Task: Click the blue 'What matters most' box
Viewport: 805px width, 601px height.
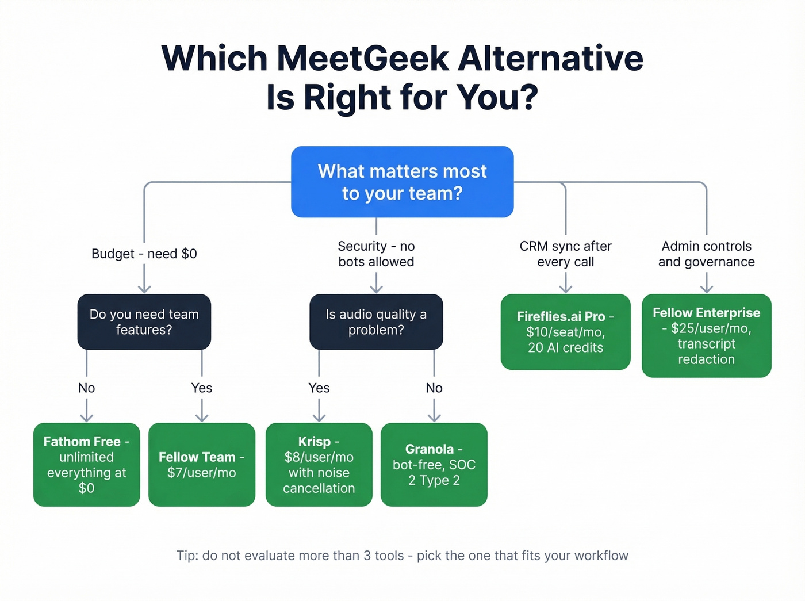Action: coord(402,182)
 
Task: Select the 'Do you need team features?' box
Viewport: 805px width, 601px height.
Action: coord(144,322)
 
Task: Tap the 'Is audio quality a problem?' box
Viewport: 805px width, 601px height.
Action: coord(376,322)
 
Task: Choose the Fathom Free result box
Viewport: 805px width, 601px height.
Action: coord(86,465)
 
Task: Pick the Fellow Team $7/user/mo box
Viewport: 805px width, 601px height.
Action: coord(201,465)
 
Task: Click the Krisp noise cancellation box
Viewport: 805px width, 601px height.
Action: coord(319,465)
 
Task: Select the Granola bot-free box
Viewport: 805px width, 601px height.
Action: coord(434,465)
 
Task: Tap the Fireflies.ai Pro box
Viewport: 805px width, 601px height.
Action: coord(565,332)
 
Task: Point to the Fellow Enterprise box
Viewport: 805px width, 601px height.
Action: coord(706,336)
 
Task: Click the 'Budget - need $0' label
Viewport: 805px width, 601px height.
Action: coord(144,254)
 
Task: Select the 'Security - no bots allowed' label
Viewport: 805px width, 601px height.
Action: coord(376,254)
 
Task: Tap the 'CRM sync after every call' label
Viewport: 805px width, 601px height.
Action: coord(565,254)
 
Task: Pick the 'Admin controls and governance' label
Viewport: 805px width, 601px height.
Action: coord(706,254)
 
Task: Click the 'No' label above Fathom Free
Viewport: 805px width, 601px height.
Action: coord(86,388)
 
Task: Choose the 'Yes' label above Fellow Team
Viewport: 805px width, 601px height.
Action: coord(201,388)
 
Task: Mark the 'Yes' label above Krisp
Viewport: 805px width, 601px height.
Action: coord(319,388)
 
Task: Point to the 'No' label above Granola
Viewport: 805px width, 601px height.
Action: coord(434,388)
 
